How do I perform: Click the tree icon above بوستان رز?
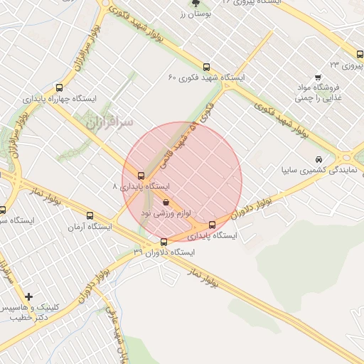(x=196, y=3)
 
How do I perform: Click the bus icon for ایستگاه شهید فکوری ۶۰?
(x=207, y=68)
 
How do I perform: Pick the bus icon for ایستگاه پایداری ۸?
(x=141, y=176)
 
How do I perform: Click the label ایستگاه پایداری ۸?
(x=142, y=186)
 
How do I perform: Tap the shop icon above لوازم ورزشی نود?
(x=166, y=203)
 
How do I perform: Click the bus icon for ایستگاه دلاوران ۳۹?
(x=164, y=242)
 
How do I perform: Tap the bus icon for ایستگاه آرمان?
(x=90, y=216)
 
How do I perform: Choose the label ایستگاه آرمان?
(x=90, y=227)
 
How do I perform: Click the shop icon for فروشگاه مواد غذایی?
(x=318, y=77)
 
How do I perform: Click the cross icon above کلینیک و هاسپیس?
(x=28, y=296)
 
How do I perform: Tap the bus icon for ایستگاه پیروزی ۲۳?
(x=360, y=54)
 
